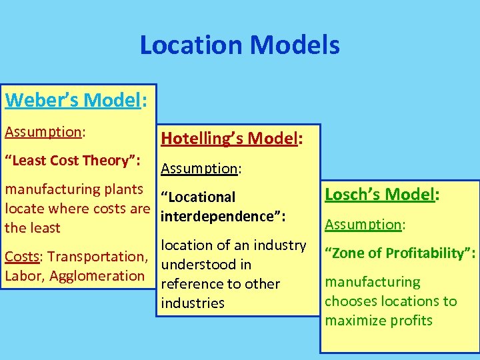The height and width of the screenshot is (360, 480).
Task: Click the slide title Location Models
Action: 239,45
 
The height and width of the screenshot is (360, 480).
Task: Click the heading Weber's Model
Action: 75,100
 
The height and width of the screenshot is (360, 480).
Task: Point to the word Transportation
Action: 97,257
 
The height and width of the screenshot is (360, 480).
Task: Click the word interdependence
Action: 220,217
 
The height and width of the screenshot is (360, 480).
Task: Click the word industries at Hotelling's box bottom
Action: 193,303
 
